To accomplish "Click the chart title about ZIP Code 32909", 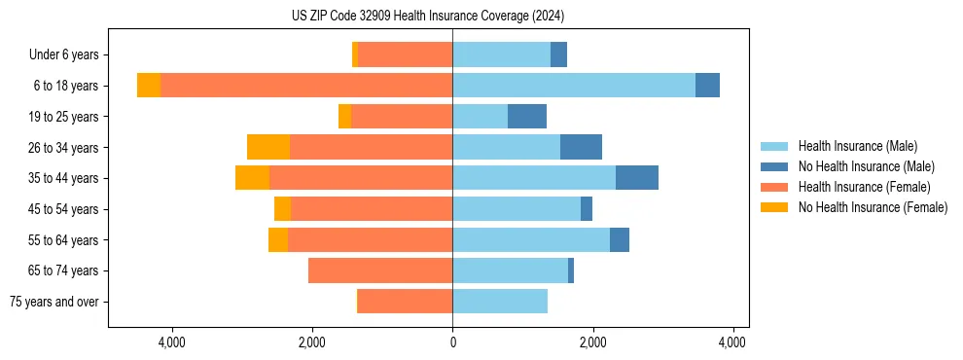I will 428,17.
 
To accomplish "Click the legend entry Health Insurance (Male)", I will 856,146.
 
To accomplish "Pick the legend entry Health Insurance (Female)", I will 864,187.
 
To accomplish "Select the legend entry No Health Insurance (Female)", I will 873,207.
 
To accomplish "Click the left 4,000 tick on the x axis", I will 172,342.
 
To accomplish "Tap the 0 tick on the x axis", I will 452,342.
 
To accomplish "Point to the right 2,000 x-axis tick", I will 592,342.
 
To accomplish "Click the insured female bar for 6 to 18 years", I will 306,86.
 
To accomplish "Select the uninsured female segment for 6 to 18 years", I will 149,86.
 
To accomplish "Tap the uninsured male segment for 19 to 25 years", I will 527,117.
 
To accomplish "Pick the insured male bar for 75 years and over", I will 500,302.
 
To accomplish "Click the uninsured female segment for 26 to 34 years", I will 268,147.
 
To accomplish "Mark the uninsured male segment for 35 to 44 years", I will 637,178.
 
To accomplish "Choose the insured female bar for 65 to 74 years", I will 380,270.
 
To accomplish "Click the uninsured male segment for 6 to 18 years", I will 707,86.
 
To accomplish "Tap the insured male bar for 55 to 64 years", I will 531,239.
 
